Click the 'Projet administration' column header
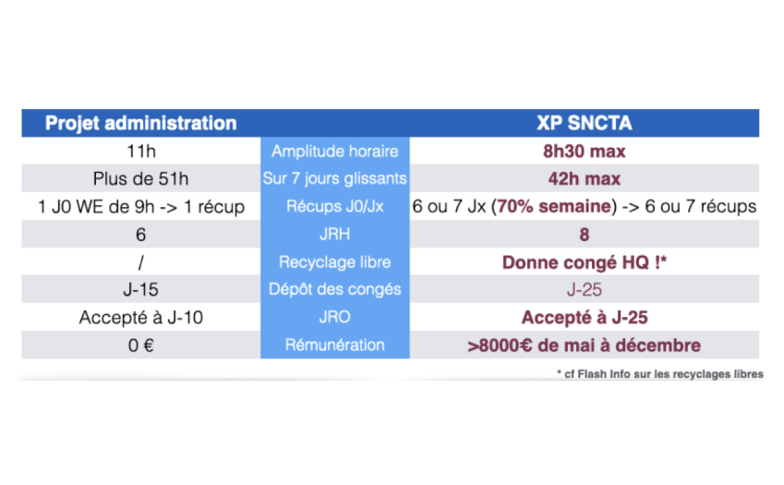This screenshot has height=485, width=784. (x=140, y=123)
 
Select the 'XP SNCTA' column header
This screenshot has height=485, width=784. (x=584, y=123)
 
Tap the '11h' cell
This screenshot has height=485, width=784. (x=141, y=151)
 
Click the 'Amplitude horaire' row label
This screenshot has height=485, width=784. (x=334, y=151)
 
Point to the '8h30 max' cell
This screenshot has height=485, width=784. (x=584, y=151)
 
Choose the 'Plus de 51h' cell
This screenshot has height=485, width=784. (x=140, y=178)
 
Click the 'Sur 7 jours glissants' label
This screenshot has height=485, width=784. (x=334, y=178)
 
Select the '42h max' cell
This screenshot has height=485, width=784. (x=584, y=178)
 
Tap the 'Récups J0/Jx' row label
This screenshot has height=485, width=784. (x=334, y=206)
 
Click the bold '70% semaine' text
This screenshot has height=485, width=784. (x=553, y=206)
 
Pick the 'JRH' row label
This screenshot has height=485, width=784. (x=334, y=234)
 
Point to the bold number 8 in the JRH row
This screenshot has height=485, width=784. (x=584, y=235)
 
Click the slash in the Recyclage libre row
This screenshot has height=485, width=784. (x=141, y=262)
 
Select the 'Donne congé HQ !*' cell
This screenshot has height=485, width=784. (x=584, y=262)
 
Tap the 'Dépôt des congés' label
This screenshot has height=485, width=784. (x=334, y=289)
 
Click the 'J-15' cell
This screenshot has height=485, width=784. (x=140, y=289)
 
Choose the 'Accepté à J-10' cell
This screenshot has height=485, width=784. (x=141, y=318)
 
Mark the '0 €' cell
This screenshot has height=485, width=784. (x=140, y=345)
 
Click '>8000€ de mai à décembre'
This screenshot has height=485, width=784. (x=584, y=346)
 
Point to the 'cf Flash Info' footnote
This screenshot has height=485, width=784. (x=660, y=374)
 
